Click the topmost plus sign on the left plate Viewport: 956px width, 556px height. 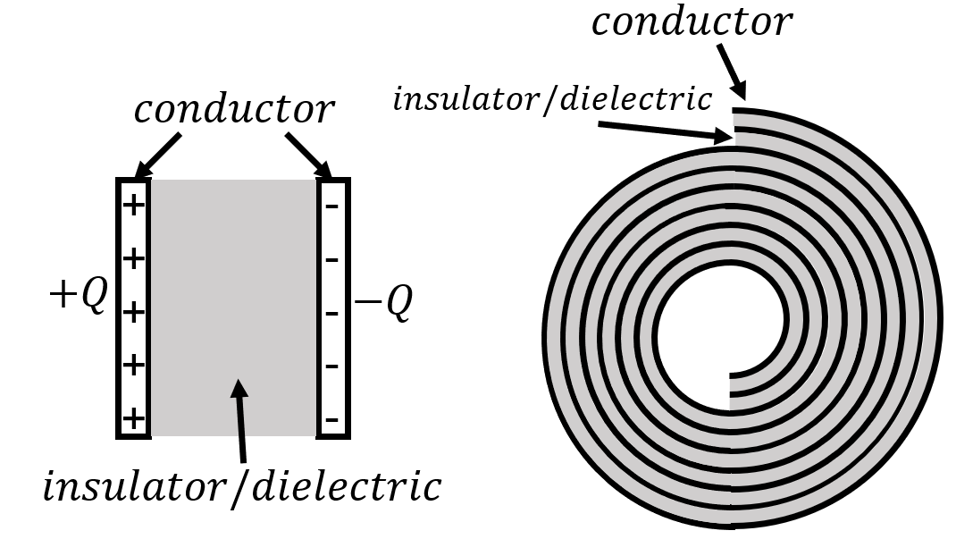click(133, 206)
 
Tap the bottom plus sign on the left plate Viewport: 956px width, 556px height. click(133, 418)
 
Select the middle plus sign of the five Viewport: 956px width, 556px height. click(133, 313)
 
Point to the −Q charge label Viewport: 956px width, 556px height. click(383, 305)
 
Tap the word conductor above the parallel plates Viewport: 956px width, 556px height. click(234, 110)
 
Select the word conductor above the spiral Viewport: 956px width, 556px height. click(692, 22)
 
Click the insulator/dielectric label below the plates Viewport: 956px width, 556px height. click(242, 487)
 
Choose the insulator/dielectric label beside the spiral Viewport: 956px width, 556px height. click(552, 99)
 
